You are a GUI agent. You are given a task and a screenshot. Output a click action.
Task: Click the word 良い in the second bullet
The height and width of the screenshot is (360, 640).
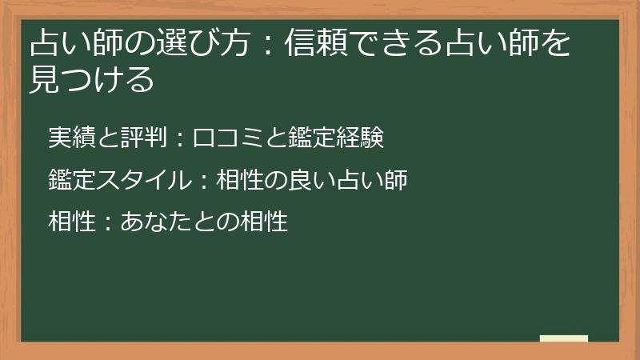click(x=309, y=180)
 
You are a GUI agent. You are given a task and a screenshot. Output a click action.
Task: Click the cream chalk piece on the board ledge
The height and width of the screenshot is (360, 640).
click(x=564, y=338)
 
